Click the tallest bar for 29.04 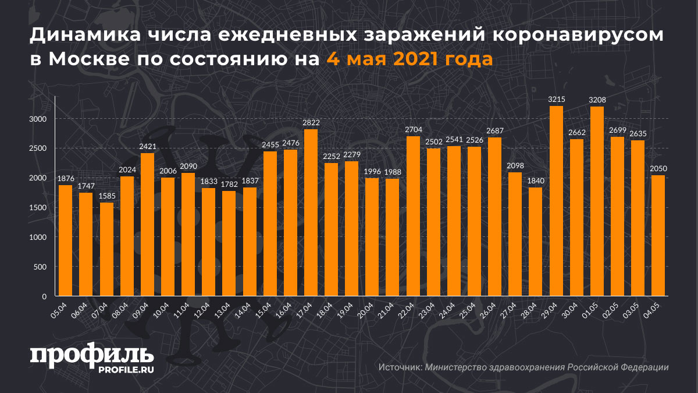[x=556, y=201]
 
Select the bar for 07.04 [x=106, y=249]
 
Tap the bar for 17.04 [x=311, y=213]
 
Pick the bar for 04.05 [x=658, y=236]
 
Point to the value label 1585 [x=106, y=196]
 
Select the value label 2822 [x=311, y=123]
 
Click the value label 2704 [x=413, y=130]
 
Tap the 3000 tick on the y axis [x=39, y=119]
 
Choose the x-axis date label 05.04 [x=60, y=307]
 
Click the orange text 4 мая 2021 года [x=409, y=59]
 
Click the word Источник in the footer [x=400, y=367]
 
